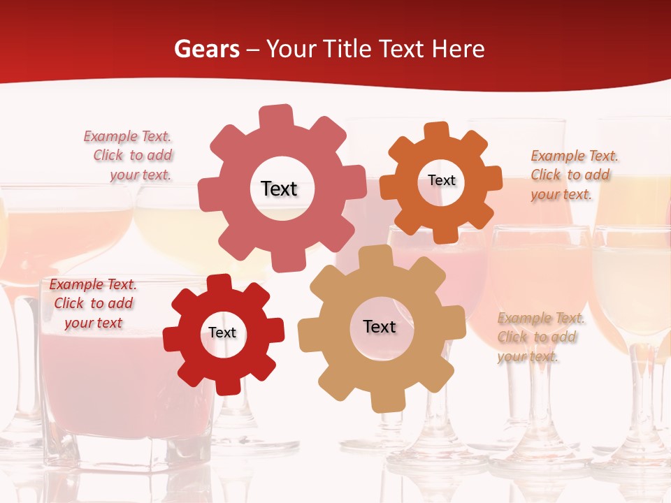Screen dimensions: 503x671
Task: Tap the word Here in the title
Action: tap(458, 49)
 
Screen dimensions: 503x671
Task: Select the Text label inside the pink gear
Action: tap(279, 189)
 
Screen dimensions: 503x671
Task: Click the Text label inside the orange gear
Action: tap(441, 180)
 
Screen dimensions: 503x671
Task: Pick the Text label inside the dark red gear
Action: tap(222, 333)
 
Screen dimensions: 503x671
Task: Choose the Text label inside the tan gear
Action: tap(380, 326)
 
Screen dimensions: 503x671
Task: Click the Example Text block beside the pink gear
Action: tap(129, 156)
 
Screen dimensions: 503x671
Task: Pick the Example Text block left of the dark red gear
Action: tap(93, 303)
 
